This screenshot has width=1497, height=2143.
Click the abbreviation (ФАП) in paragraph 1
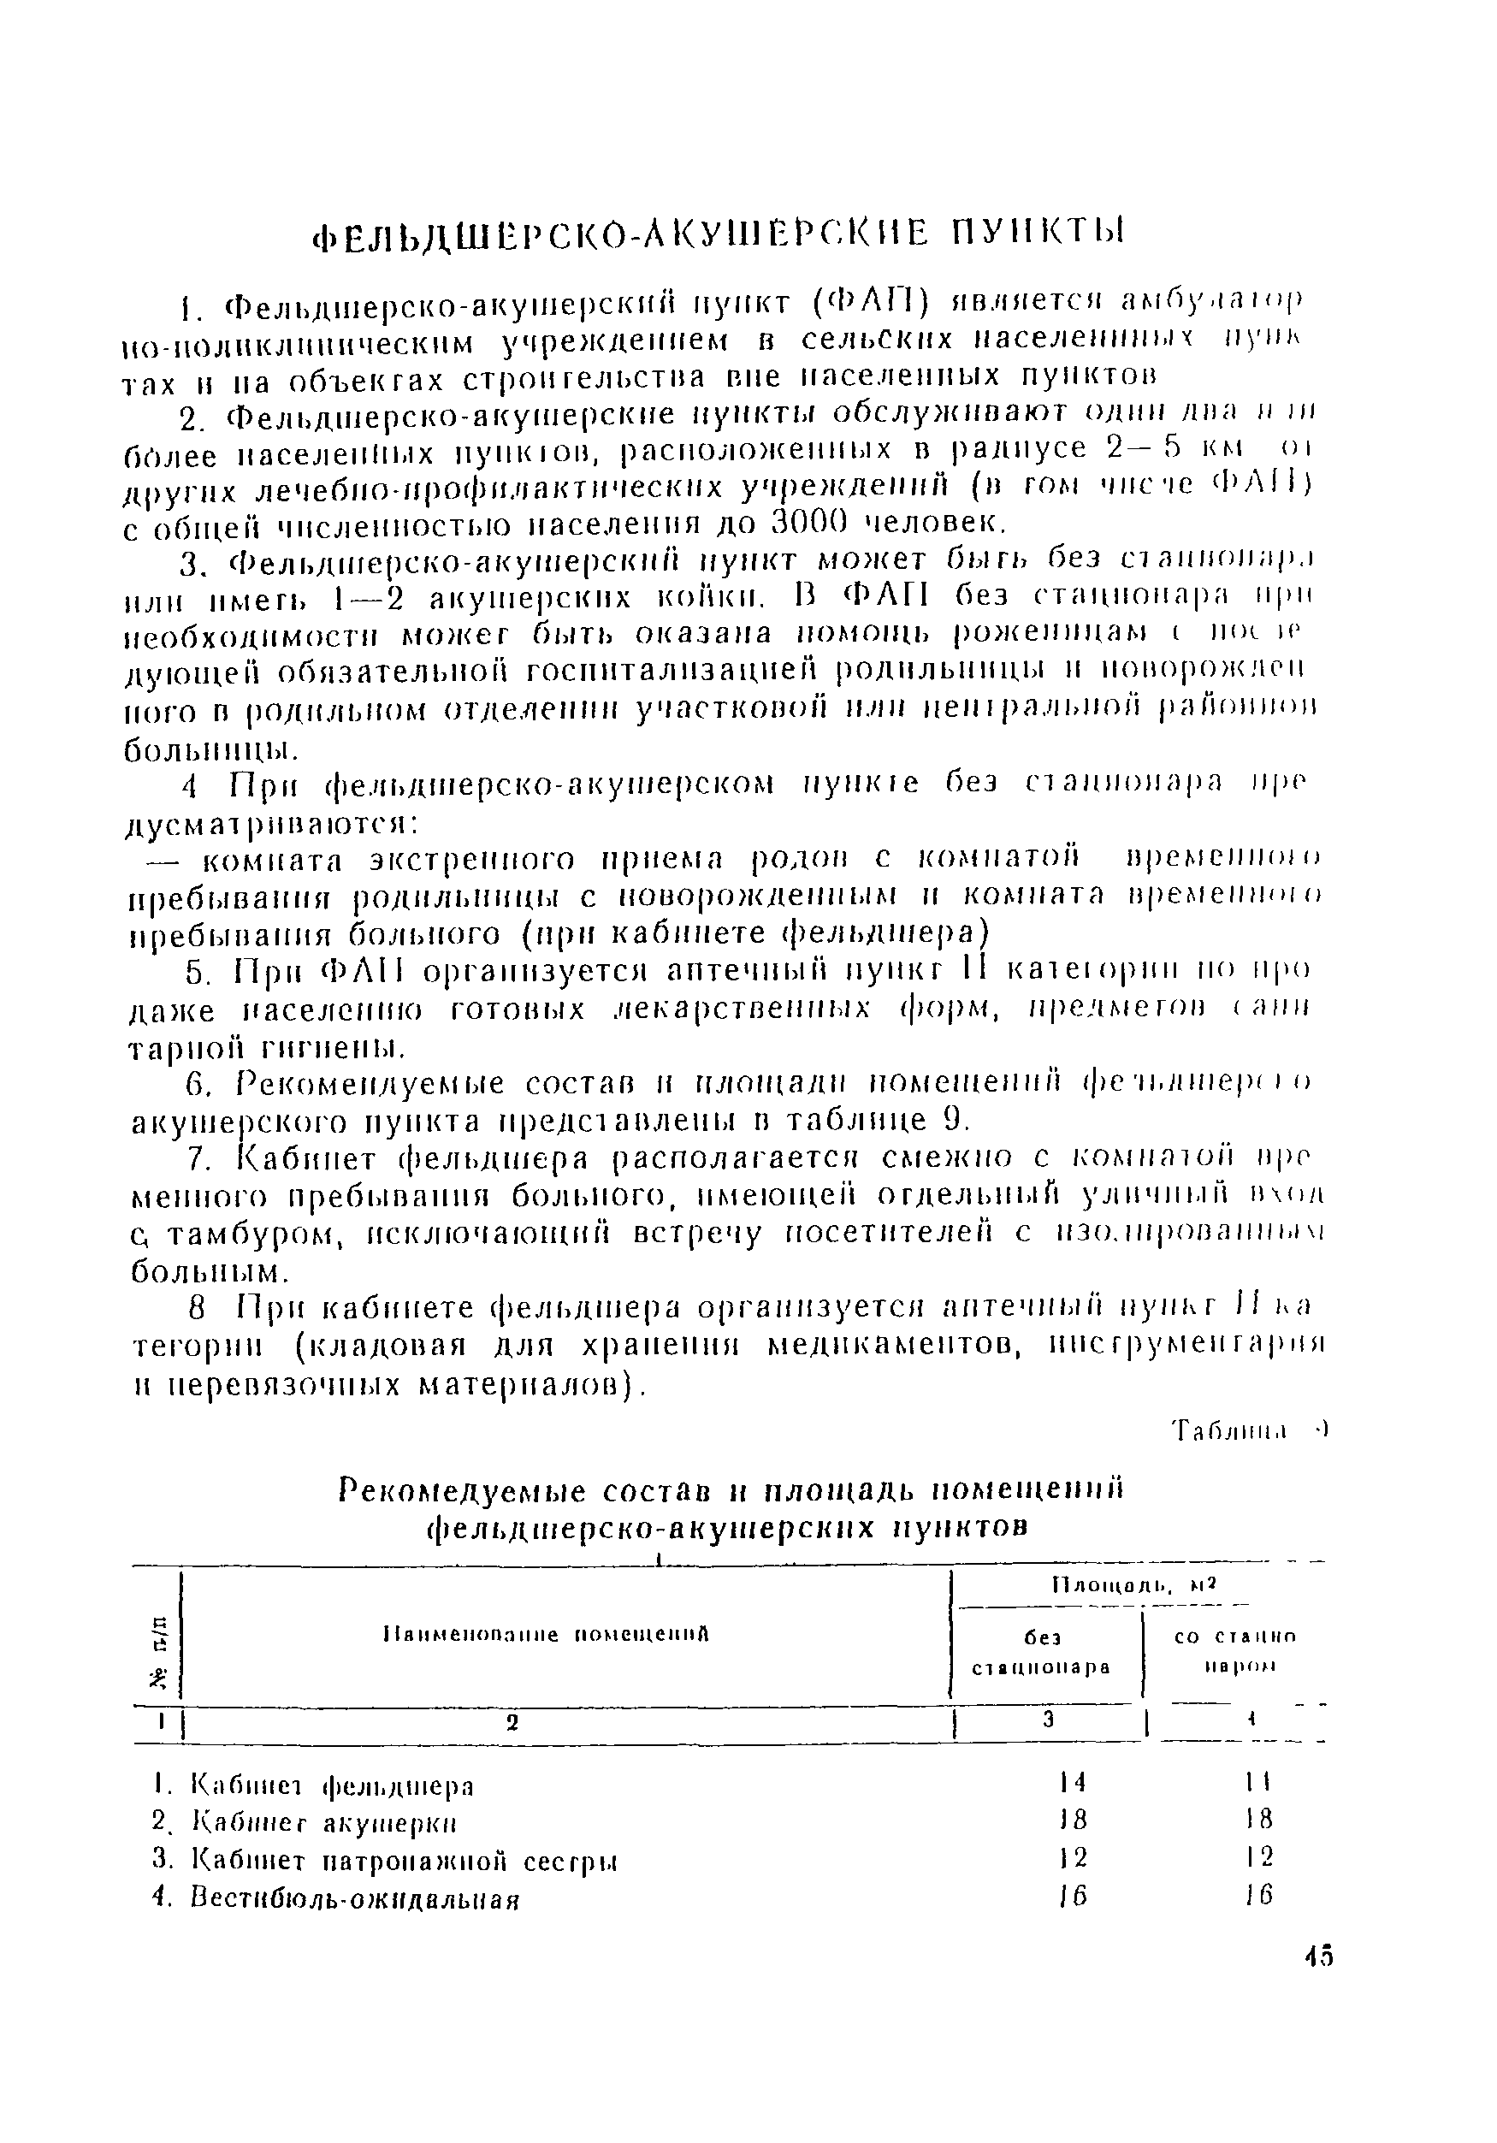pos(871,304)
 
